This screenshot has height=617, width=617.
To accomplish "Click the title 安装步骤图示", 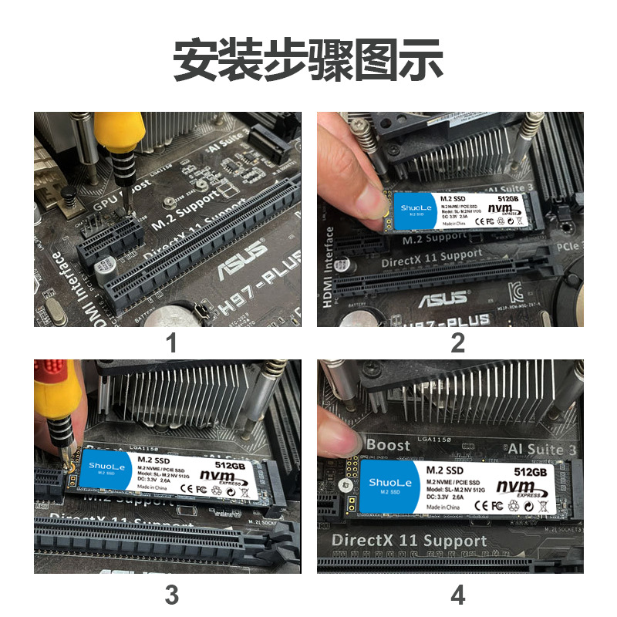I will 308,61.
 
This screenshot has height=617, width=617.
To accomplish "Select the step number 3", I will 171,595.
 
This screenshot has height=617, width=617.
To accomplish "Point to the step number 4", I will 458,595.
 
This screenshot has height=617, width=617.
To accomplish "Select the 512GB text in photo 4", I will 530,470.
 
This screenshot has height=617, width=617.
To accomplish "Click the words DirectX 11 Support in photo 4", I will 409,540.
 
